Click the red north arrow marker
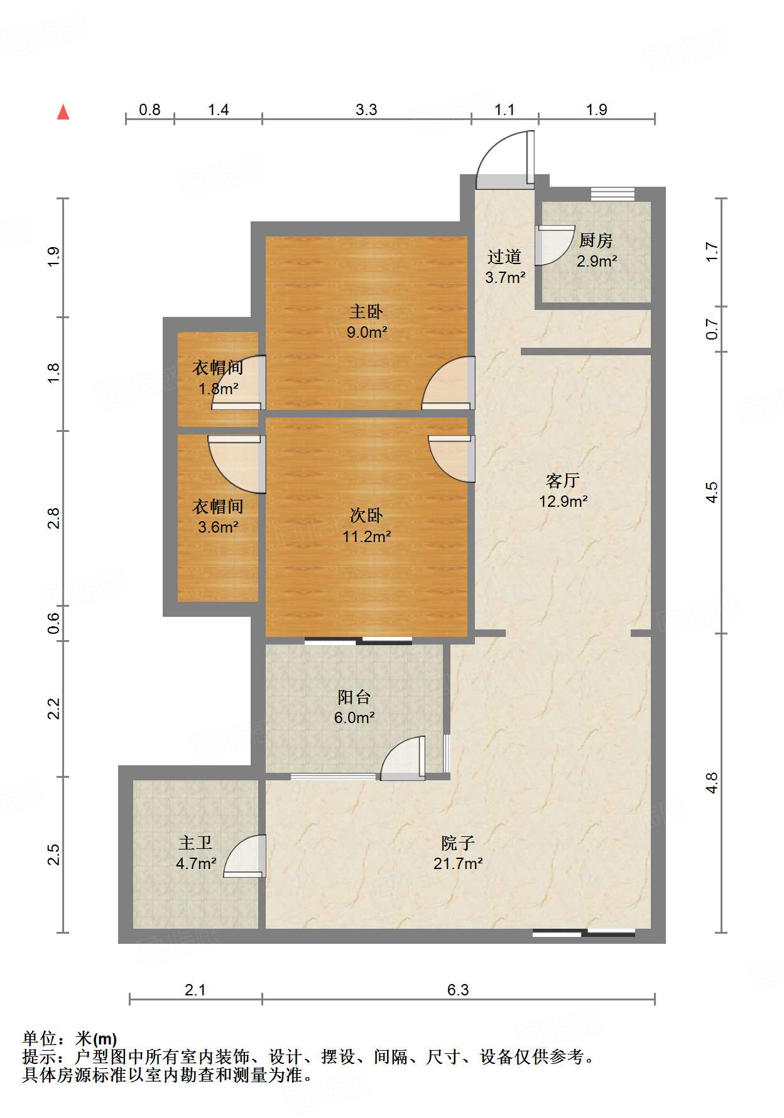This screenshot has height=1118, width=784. (63, 112)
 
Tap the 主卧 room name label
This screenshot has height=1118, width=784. (366, 311)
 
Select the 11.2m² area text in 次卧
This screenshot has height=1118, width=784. (367, 536)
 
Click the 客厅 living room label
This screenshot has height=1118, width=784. (563, 480)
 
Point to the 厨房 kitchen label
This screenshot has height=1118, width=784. (596, 240)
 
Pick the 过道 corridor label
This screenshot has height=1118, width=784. (504, 257)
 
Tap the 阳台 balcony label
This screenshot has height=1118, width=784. (354, 697)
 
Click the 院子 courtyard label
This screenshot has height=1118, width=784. (457, 843)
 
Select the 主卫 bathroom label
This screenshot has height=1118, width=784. (195, 843)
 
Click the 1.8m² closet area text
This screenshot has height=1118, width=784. (219, 389)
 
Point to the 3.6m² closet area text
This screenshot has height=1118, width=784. (218, 527)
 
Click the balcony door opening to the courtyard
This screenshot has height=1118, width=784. (403, 758)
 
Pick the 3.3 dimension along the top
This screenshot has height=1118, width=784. (366, 110)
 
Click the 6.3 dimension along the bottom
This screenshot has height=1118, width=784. (458, 990)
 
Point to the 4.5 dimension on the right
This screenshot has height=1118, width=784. (711, 492)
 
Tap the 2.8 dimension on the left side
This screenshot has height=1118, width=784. (54, 519)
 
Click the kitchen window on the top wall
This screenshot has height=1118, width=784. (612, 194)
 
